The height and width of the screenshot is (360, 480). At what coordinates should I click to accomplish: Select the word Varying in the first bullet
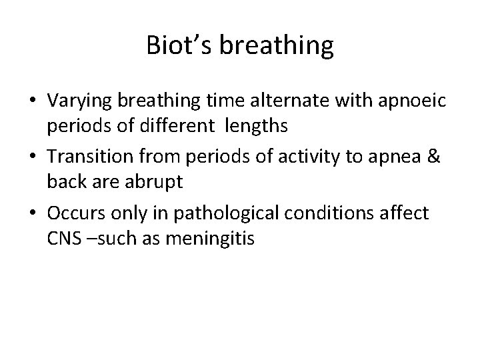pyautogui.click(x=75, y=101)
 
